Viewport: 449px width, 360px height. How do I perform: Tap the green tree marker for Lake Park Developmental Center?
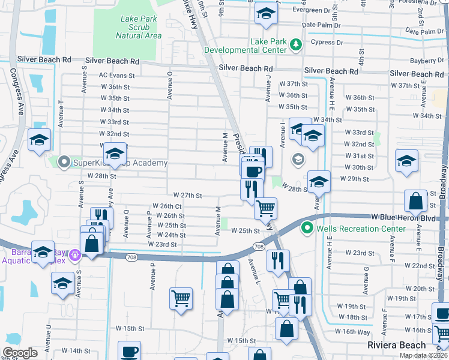(x=295, y=44)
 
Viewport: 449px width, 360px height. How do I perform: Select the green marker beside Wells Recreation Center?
(x=307, y=228)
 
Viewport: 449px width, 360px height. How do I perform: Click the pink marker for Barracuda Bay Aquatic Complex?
(x=74, y=254)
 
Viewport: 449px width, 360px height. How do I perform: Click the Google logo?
(x=20, y=353)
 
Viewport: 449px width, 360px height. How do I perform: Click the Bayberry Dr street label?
(x=427, y=61)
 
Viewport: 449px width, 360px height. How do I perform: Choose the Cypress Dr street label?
(x=327, y=42)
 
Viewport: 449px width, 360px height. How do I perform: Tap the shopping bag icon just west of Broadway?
(x=415, y=200)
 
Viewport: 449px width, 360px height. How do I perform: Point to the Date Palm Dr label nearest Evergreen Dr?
(x=322, y=26)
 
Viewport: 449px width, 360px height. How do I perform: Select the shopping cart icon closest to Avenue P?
(x=181, y=297)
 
